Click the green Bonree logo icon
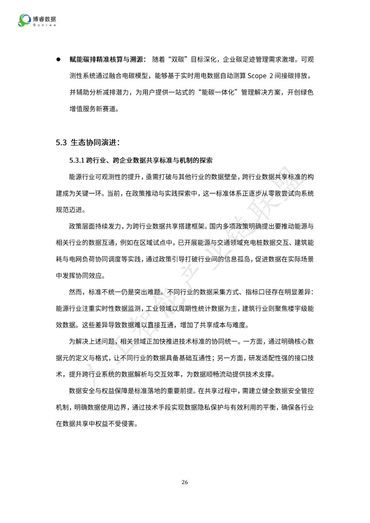(x=24, y=20)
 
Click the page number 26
(x=185, y=482)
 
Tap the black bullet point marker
(x=58, y=59)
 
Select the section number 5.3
(x=61, y=143)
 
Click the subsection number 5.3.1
(x=76, y=161)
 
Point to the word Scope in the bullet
(x=257, y=76)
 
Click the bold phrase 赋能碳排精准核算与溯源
(x=106, y=60)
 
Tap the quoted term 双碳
(x=178, y=60)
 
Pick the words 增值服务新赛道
(x=92, y=109)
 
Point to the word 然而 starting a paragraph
(x=75, y=292)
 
